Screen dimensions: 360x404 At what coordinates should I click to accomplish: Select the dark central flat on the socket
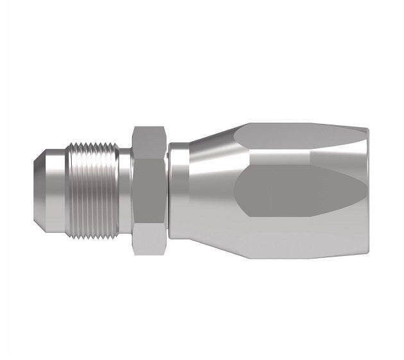289,191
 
